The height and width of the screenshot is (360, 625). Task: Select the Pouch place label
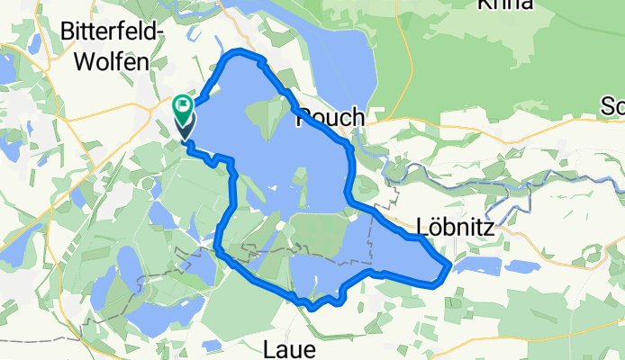[x=329, y=117]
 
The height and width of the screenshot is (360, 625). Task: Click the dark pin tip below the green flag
[x=184, y=138]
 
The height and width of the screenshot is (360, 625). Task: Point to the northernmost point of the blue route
[x=238, y=53]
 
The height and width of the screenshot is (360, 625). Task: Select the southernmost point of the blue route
[x=311, y=308]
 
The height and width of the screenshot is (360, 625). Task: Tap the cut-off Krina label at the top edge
[x=508, y=4]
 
